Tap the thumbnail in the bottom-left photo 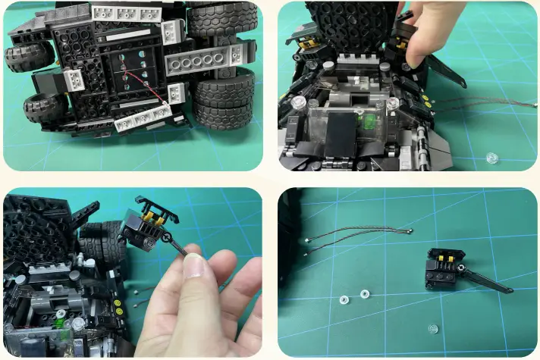[x=196, y=267]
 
